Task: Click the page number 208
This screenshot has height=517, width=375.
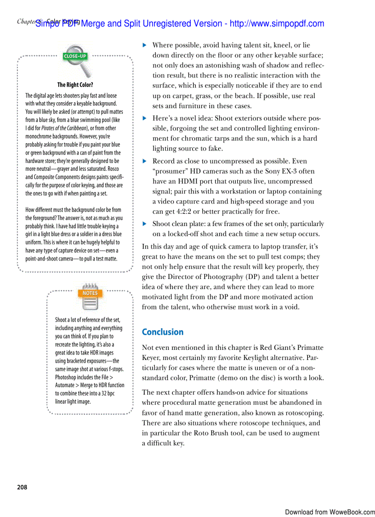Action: point(22,487)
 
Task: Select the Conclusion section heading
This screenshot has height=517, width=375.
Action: point(162,332)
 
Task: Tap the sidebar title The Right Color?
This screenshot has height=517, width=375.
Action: point(75,85)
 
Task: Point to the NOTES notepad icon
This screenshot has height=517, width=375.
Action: point(90,297)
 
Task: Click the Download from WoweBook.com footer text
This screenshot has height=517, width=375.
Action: point(330,512)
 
